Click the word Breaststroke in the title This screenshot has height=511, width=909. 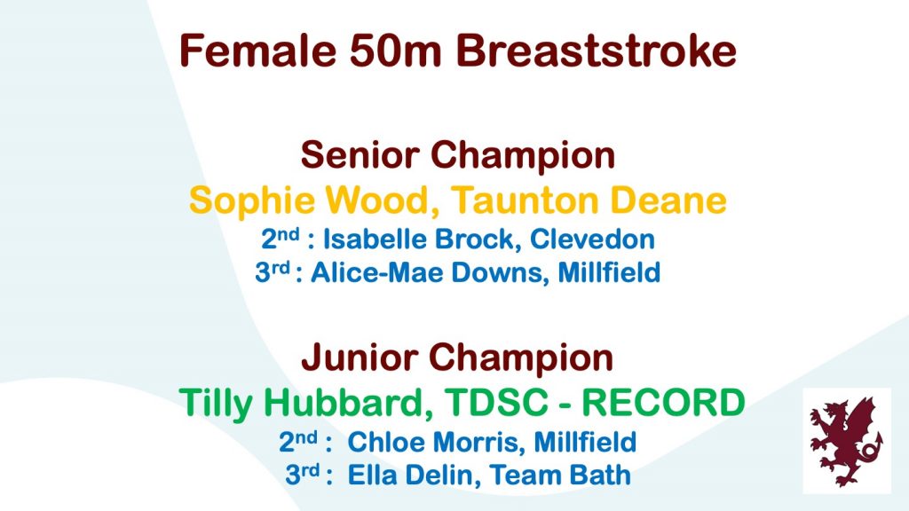coord(596,51)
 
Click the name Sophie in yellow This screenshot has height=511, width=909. coord(251,201)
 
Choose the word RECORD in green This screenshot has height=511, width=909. coord(663,403)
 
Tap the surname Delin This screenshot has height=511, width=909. coord(439,476)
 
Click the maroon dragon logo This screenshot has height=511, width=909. coord(846,440)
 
